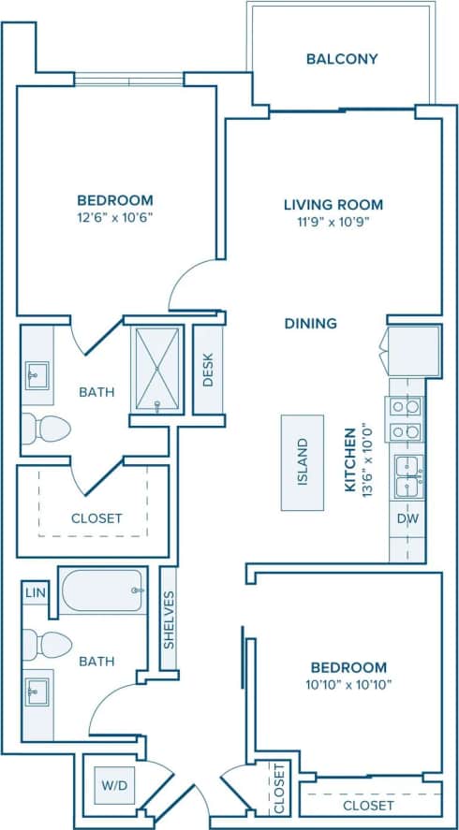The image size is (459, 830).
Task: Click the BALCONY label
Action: coord(342,59)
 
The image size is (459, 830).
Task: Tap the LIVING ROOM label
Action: coord(333,204)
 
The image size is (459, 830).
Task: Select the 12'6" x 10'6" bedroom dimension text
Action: coord(114,217)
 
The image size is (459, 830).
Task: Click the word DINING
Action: coord(311,324)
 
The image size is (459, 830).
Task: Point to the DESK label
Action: coord(208,369)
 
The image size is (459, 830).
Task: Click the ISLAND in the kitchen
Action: coord(303,462)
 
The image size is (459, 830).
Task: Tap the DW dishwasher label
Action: coord(407,517)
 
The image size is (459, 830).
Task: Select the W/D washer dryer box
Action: coord(111,784)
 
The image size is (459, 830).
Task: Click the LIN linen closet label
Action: coord(36,592)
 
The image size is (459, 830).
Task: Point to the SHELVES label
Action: coord(169,619)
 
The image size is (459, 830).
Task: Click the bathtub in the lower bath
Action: coord(102,590)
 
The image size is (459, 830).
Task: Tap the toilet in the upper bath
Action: coord(47,429)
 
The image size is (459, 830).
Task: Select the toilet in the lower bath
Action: coord(47,644)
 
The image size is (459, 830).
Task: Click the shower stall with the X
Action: coord(157,369)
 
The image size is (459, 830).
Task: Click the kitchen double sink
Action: coord(407,475)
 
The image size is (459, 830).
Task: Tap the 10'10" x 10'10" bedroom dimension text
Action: coord(348,684)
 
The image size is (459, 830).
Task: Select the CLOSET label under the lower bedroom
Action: coord(368,805)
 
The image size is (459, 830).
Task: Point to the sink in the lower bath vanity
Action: coord(37,693)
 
